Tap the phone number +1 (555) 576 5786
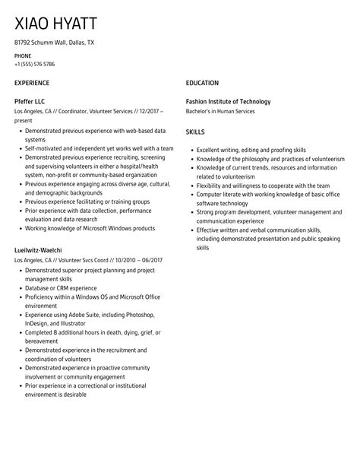(x=35, y=64)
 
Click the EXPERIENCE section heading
(x=32, y=83)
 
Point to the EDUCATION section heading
(x=202, y=83)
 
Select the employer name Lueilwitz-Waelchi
(x=39, y=249)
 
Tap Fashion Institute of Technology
(x=228, y=101)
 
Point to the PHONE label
(x=23, y=55)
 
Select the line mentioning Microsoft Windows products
(x=90, y=228)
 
